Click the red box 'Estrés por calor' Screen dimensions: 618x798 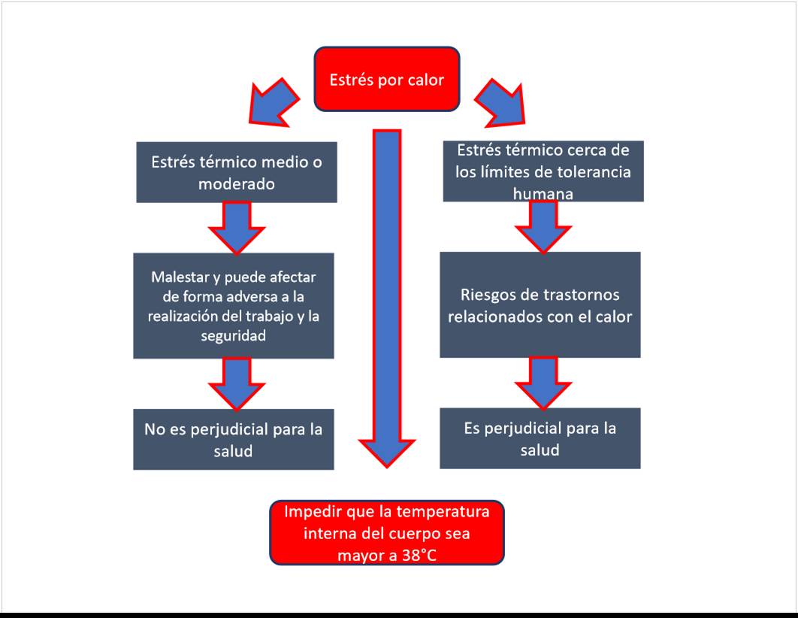click(x=386, y=79)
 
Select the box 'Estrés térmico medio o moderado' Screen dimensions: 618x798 click(x=237, y=172)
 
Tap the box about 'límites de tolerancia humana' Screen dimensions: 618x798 click(x=543, y=171)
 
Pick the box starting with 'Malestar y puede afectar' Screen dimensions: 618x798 click(x=234, y=305)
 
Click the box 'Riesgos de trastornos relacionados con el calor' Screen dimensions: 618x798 click(x=540, y=304)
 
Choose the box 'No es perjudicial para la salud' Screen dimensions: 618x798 click(x=233, y=439)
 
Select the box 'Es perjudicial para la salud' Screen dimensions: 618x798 click(x=540, y=438)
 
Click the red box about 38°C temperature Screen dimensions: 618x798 click(x=386, y=533)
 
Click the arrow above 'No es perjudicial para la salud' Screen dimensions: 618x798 click(x=236, y=382)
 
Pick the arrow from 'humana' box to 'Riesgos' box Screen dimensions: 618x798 click(x=543, y=226)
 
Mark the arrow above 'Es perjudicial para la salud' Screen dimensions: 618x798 click(x=543, y=381)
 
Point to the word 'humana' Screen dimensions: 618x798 click(x=543, y=193)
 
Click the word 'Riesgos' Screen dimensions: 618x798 click(x=486, y=295)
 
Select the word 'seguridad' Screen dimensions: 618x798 click(x=234, y=336)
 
